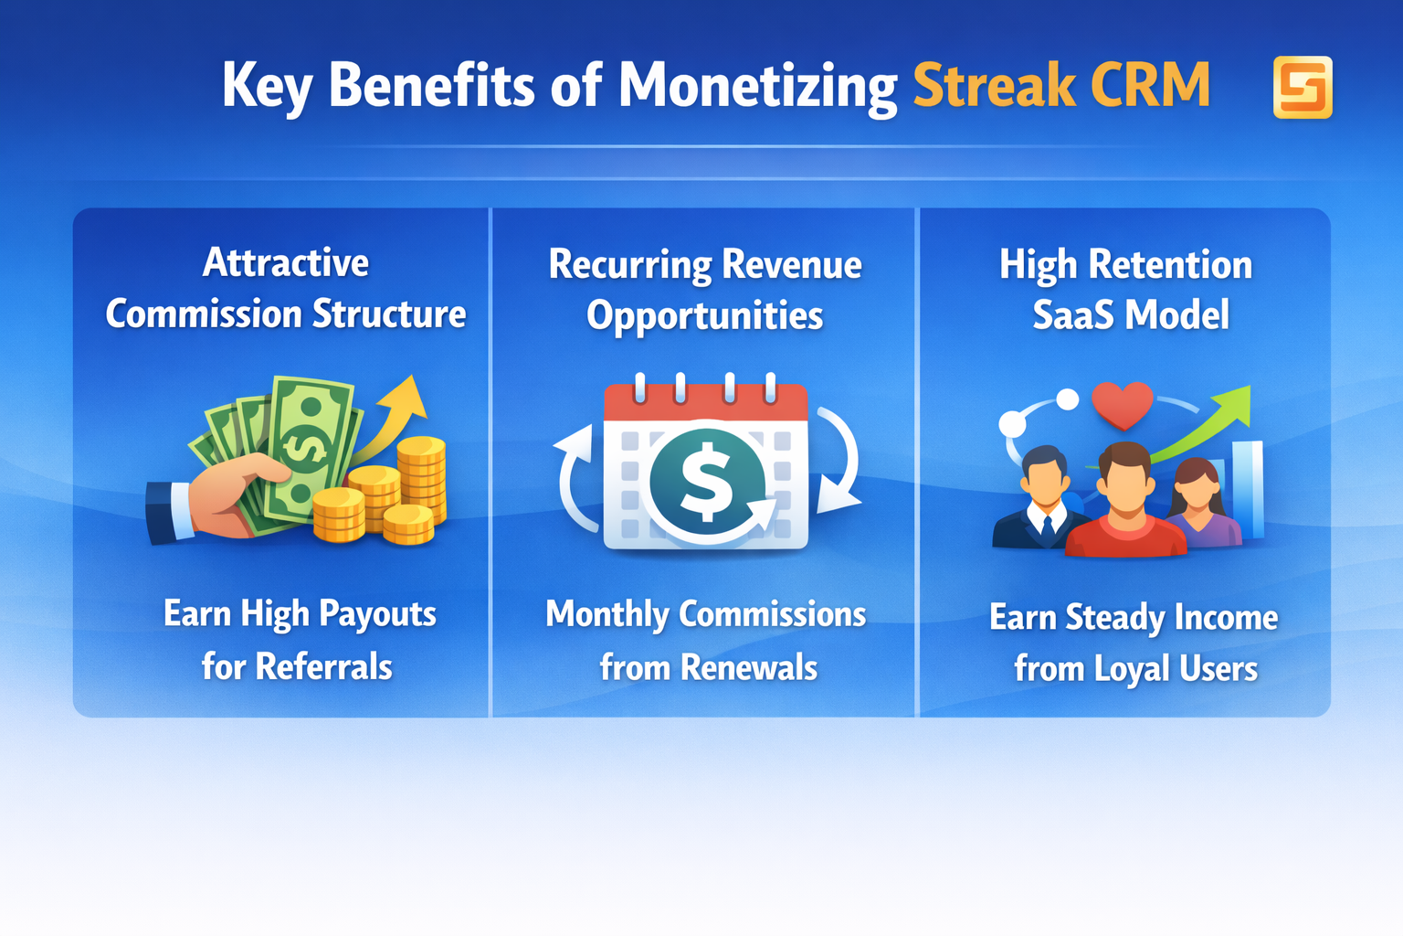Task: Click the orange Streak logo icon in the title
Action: [1303, 88]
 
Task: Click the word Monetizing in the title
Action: [757, 86]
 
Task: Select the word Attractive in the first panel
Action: [286, 263]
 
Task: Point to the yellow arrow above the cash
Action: [402, 407]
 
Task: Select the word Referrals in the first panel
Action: [323, 667]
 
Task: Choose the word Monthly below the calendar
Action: [607, 615]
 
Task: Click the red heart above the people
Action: [1123, 405]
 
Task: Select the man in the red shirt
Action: [1125, 507]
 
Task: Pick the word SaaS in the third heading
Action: [1072, 316]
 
